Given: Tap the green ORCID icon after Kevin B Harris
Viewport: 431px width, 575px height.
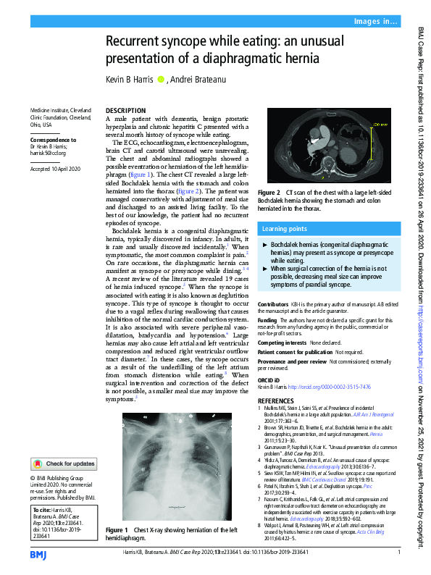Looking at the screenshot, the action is tap(162, 79).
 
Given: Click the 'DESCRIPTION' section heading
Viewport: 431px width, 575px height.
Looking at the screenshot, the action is tap(126, 110).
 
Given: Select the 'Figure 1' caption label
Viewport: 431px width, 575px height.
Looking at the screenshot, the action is tap(117, 530).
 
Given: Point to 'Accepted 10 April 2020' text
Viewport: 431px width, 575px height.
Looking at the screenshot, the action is tap(57, 169).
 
